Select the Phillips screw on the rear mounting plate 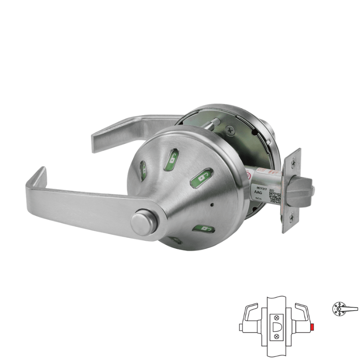pos(231,130)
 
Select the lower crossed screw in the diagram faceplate pos(276,337)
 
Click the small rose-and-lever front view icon pos(341,309)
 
